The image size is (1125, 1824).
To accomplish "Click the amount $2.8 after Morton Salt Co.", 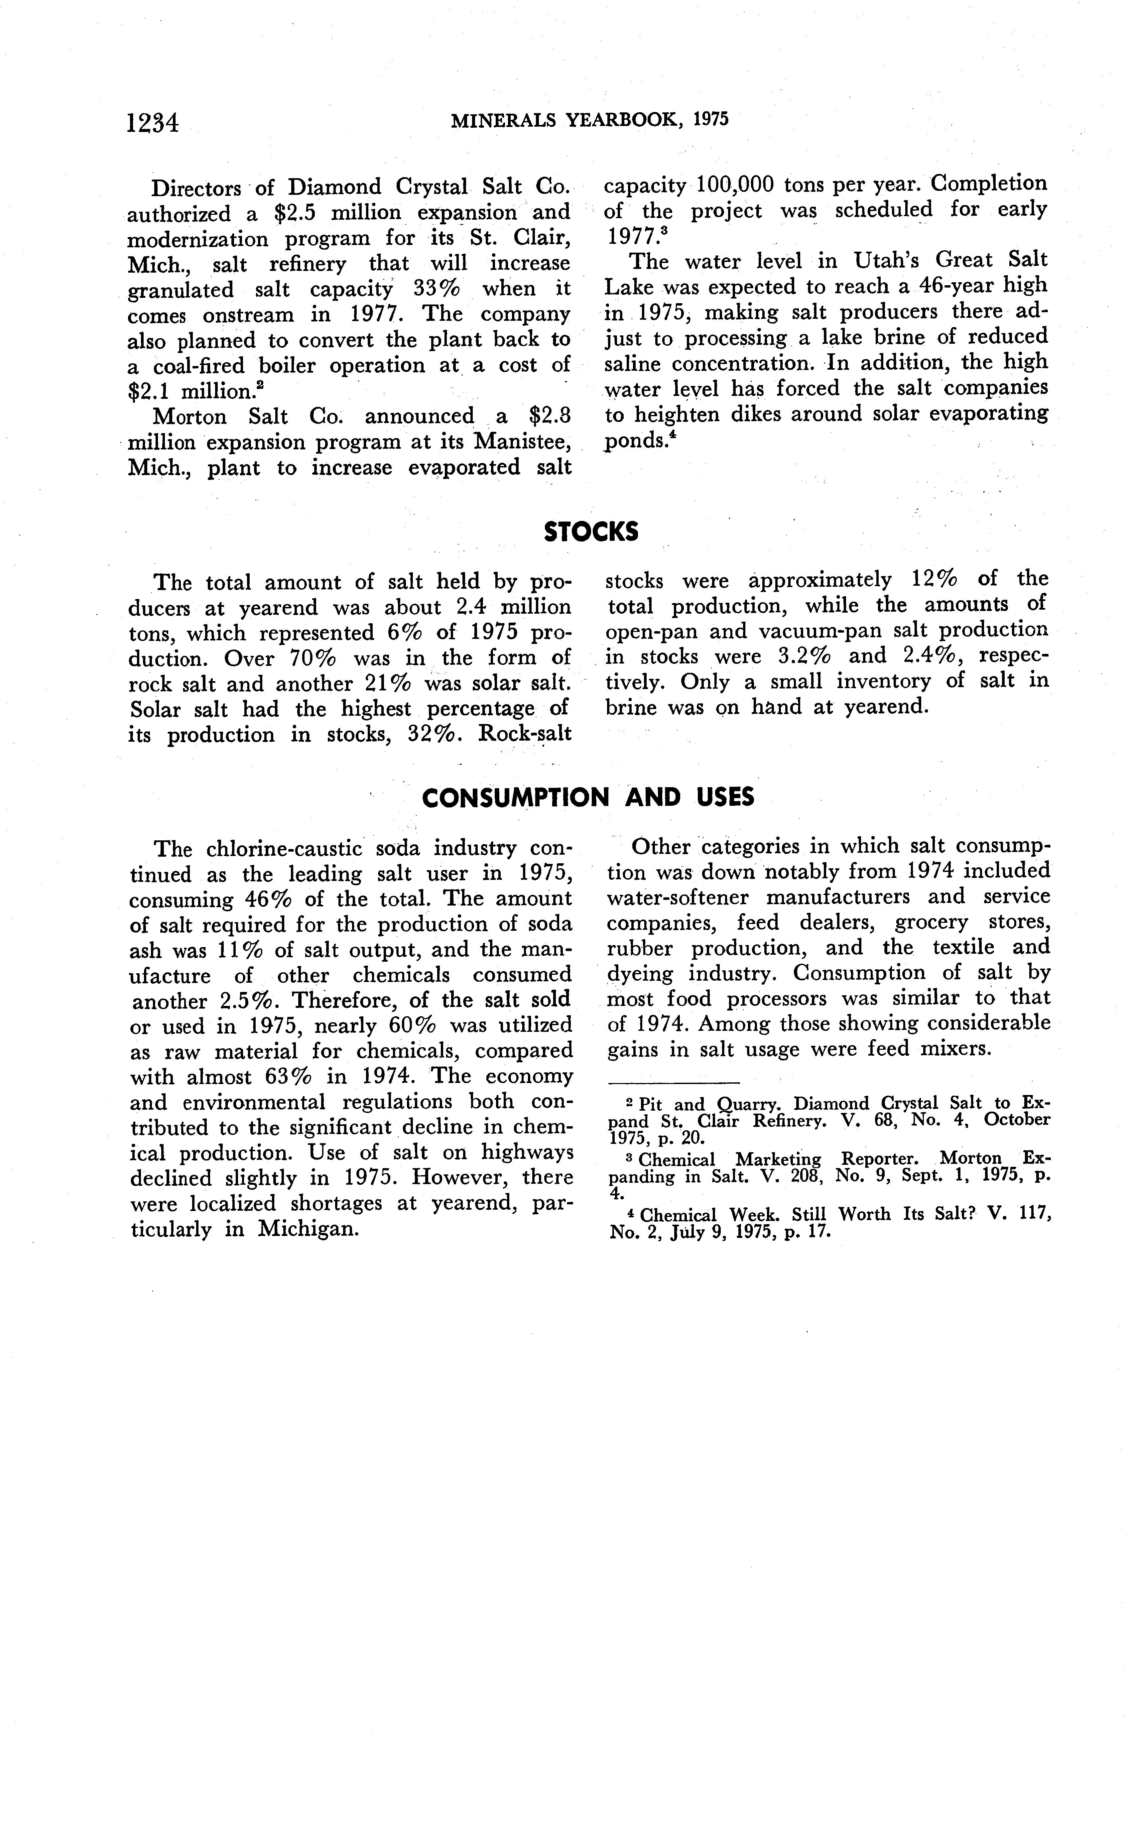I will tap(548, 417).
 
